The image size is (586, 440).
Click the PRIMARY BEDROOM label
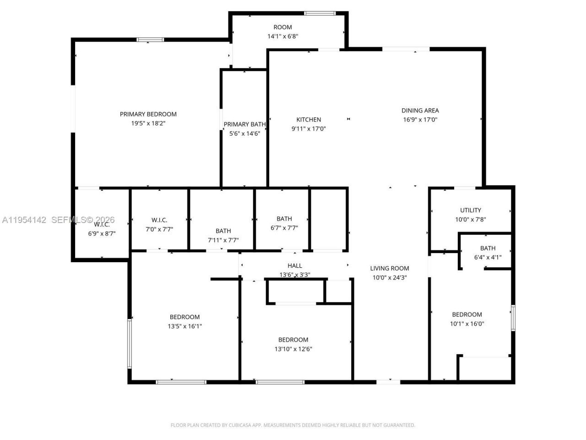click(x=148, y=114)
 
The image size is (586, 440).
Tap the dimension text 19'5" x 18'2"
click(x=148, y=123)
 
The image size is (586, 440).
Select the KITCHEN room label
click(x=309, y=120)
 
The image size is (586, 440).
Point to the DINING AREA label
click(x=420, y=110)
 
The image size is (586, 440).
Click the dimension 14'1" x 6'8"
click(x=283, y=36)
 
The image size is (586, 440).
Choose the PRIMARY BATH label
click(x=244, y=124)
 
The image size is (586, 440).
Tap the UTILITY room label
click(x=471, y=210)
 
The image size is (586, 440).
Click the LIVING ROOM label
click(x=390, y=269)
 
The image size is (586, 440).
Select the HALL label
click(x=295, y=266)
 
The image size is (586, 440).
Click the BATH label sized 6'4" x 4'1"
click(x=488, y=248)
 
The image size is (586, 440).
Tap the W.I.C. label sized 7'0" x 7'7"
click(x=159, y=220)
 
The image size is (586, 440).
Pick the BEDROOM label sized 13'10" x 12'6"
click(x=293, y=340)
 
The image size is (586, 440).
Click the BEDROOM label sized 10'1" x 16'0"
click(x=467, y=314)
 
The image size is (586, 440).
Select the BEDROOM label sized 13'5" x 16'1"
click(x=184, y=317)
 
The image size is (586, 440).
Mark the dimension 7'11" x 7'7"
click(x=223, y=240)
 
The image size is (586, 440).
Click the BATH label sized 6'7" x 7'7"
click(x=284, y=219)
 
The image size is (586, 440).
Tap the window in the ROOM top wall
click(x=320, y=13)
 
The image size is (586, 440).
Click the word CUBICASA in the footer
click(x=239, y=425)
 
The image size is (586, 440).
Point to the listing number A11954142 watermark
click(x=24, y=220)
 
